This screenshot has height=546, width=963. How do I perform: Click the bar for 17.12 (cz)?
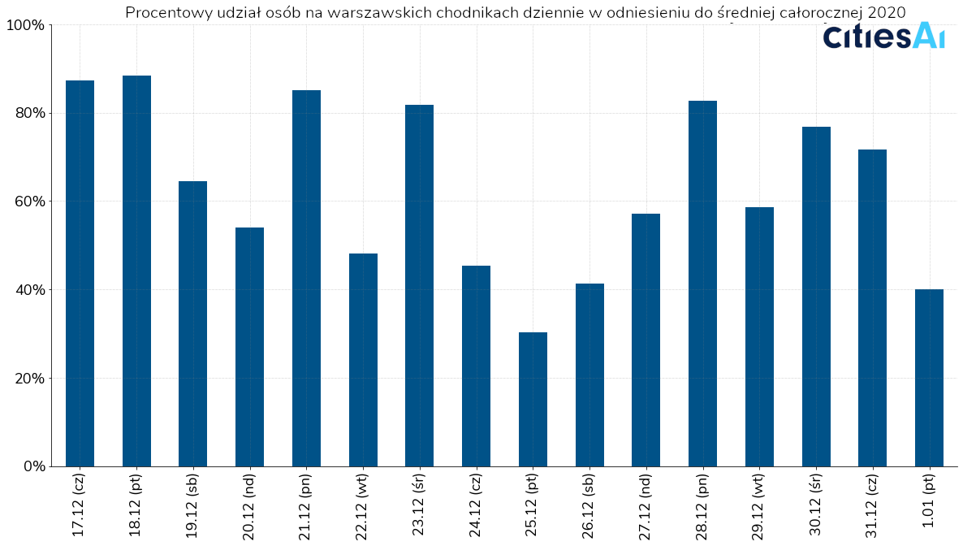80,273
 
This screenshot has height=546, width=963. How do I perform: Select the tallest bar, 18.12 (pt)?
136,271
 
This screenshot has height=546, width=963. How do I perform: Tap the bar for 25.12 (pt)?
533,399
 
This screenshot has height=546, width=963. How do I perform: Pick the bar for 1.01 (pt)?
929,378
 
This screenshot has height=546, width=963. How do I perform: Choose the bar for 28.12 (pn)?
702,284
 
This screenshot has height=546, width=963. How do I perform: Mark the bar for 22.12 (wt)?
363,360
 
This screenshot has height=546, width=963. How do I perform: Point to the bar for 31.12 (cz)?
872,308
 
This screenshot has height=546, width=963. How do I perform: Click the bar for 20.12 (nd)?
249,347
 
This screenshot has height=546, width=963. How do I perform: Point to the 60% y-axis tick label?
28,201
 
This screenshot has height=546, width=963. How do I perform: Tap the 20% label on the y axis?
28,379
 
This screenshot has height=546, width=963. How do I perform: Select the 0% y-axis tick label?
32,467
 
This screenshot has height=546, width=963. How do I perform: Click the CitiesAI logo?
883,36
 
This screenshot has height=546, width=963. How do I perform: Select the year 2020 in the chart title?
886,12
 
